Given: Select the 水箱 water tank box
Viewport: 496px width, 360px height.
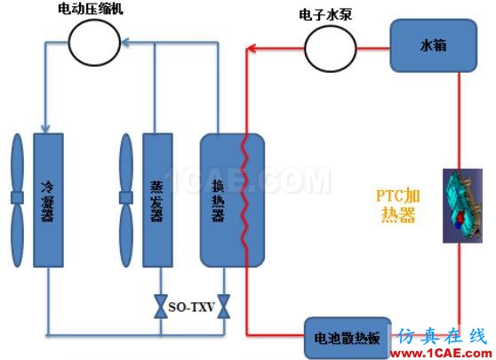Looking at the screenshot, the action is click(434, 45).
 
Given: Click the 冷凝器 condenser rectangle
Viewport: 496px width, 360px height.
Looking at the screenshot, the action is click(48, 200).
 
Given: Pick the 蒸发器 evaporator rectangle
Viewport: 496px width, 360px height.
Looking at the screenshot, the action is click(157, 200).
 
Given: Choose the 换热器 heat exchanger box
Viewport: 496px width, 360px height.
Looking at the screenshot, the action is click(232, 200).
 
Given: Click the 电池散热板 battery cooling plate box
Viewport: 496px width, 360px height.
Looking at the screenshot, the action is click(348, 338).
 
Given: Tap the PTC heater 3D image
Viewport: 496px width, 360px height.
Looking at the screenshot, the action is click(462, 205).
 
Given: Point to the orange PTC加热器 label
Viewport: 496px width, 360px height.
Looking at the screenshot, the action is click(398, 205).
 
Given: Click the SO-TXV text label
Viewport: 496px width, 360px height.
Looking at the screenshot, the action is click(192, 307).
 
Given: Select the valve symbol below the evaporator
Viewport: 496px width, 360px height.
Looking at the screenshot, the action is click(161, 307).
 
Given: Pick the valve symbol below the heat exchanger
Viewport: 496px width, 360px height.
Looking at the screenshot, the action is click(224, 307).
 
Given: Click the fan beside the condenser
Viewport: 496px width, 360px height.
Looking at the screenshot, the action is click(18, 200).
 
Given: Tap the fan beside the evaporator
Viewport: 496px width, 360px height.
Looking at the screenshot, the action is click(126, 200).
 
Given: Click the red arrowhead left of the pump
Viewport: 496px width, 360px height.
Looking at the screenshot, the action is click(251, 48).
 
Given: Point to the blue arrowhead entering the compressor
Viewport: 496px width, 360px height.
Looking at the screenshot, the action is click(125, 43).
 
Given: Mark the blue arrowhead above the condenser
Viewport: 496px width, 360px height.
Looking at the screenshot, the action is click(45, 128).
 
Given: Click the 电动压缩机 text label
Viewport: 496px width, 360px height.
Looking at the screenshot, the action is click(91, 9).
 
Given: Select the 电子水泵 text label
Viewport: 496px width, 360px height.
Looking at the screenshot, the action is click(325, 15).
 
